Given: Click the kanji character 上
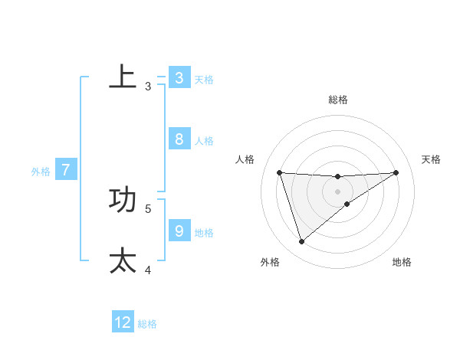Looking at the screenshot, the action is coord(123,77).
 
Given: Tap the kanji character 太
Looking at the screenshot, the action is coord(123,260).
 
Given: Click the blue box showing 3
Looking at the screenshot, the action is coord(179,77).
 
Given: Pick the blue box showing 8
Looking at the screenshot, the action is coord(179,139).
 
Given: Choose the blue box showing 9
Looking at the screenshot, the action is coord(179,230).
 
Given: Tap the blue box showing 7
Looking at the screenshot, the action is coord(66,170).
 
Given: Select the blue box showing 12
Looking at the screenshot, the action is coord(123,322).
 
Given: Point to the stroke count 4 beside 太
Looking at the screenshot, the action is coord(148,270).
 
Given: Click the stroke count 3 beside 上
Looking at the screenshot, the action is coord(148,87).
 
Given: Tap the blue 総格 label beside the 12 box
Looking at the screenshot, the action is coord(147,324).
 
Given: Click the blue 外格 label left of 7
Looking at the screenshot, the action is coord(41,172).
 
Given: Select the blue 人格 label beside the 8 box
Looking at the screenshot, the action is coord(204,141).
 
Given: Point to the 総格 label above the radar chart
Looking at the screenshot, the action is coord(337,100).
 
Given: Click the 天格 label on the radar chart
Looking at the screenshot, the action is coord(431,159).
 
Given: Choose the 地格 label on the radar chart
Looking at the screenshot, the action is coord(402,262).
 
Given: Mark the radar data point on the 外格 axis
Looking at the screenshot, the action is coord(301,241).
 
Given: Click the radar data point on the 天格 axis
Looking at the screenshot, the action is coord(396,172).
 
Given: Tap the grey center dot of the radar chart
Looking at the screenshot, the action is coord(337,191).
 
